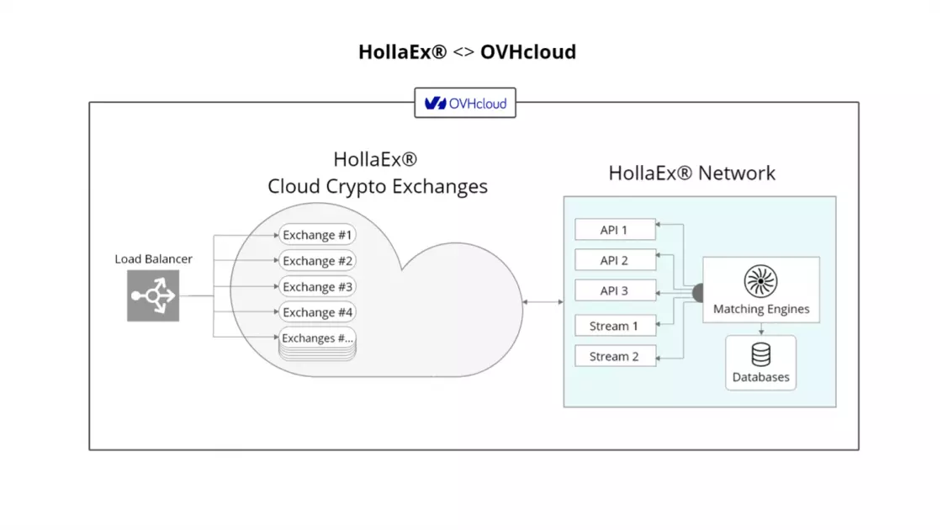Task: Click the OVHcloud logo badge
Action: click(465, 104)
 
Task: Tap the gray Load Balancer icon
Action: click(153, 295)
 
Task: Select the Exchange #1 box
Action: click(317, 235)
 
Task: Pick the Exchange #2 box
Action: click(317, 261)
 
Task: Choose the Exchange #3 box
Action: click(317, 287)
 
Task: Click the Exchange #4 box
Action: click(317, 312)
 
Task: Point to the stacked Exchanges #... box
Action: click(317, 339)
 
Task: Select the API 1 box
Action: click(614, 229)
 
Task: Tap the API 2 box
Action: click(614, 260)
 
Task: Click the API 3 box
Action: click(614, 290)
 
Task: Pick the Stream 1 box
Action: click(614, 326)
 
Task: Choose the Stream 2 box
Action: click(614, 356)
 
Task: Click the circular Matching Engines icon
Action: click(760, 282)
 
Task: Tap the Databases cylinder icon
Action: click(760, 354)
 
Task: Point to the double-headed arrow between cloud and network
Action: click(542, 301)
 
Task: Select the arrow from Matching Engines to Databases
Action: click(761, 329)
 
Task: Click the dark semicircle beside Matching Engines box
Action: click(698, 293)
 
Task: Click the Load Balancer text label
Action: click(153, 258)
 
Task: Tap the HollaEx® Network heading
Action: click(691, 173)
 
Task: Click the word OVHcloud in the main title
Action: click(528, 51)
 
